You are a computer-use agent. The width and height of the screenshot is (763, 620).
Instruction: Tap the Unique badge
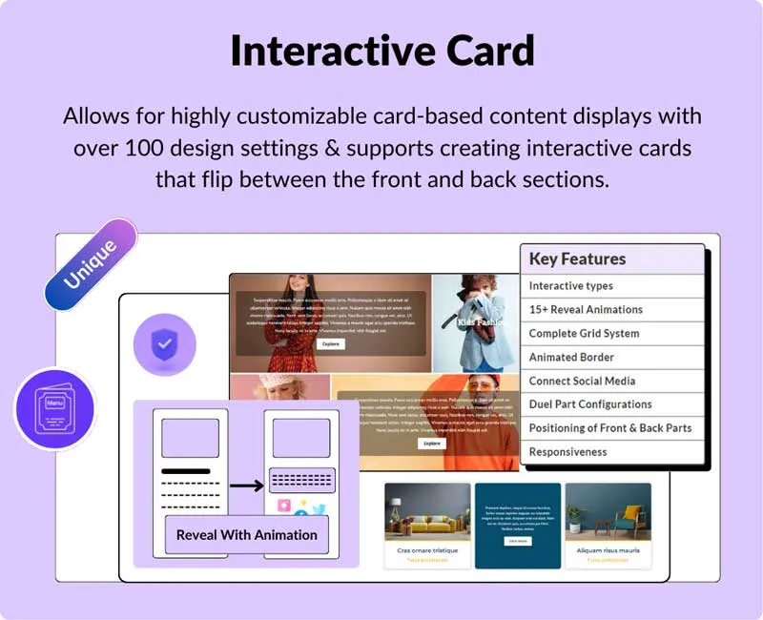(x=91, y=265)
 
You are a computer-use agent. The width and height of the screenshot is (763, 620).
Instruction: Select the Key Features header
(x=577, y=259)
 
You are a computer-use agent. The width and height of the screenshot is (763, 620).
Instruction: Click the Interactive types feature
(x=571, y=286)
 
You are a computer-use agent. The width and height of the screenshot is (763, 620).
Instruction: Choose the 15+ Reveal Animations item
(x=586, y=310)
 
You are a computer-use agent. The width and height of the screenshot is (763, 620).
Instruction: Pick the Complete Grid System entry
(x=584, y=334)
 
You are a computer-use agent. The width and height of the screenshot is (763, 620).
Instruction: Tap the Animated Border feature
(x=571, y=357)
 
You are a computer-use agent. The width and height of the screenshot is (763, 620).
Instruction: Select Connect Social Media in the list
(x=582, y=381)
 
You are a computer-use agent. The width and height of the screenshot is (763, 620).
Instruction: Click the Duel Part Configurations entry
(x=590, y=404)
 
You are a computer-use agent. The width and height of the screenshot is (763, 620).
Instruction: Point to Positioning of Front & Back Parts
(x=610, y=428)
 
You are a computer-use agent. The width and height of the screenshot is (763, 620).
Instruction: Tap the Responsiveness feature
(x=567, y=452)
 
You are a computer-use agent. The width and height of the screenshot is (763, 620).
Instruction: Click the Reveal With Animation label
(x=246, y=535)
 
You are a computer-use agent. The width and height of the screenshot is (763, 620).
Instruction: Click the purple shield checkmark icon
(x=165, y=344)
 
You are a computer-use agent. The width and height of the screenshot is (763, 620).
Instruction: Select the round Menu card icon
(x=55, y=409)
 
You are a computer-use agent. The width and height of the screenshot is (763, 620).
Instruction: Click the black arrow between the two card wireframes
(x=246, y=486)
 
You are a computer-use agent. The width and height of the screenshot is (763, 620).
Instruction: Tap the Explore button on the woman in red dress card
(x=330, y=343)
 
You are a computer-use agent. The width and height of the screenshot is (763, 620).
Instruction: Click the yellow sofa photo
(x=427, y=512)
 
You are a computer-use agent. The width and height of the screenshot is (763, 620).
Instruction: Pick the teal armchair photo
(x=608, y=512)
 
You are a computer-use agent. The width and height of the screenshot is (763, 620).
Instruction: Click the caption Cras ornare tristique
(x=427, y=550)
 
